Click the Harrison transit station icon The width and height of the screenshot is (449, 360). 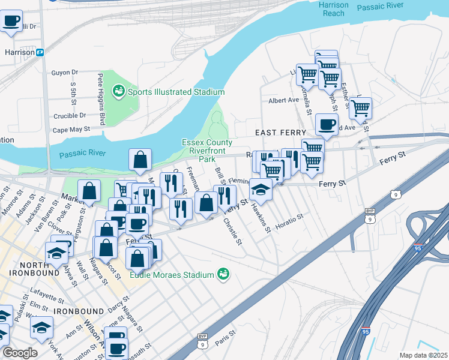click(40, 52)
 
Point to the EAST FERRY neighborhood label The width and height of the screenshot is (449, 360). click(280, 132)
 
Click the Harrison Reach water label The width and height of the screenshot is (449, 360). click(333, 9)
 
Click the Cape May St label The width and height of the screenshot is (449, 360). click(71, 129)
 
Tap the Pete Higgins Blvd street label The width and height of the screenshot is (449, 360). click(101, 99)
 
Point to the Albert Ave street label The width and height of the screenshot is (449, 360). click(284, 101)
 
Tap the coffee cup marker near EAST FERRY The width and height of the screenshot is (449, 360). click(327, 125)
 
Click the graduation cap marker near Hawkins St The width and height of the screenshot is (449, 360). click(261, 189)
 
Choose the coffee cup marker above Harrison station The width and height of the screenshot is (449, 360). click(11, 22)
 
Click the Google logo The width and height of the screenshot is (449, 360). click(20, 353)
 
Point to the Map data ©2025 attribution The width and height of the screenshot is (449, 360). click(423, 355)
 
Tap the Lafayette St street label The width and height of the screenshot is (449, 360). click(48, 298)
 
